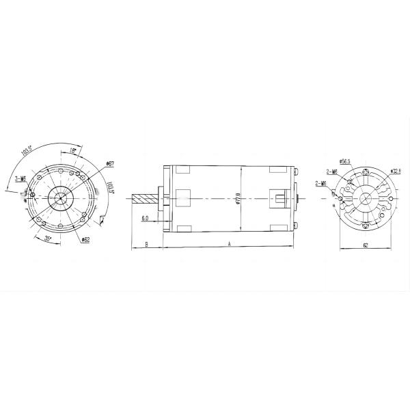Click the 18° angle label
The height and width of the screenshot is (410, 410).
tap(72, 149)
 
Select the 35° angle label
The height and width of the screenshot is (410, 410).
tap(49, 238)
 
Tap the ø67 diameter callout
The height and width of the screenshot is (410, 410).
tap(109, 164)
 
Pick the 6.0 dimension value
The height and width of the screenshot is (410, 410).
tap(145, 219)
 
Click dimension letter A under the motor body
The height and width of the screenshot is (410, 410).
tap(229, 243)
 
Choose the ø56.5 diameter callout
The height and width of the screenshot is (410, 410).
tap(344, 162)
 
